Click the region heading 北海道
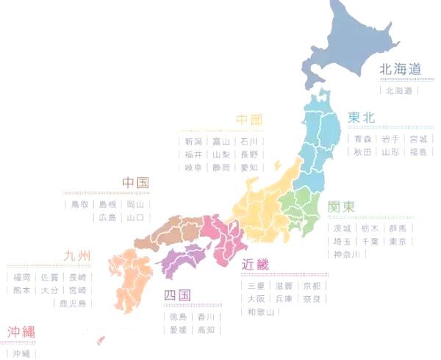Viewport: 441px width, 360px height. coord(400,70)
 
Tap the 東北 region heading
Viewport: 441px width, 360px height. coord(362,118)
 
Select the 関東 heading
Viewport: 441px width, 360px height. coord(341,206)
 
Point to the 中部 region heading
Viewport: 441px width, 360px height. coord(249,120)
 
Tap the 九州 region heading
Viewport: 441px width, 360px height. coord(76,256)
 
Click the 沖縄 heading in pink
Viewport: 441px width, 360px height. coord(21,331)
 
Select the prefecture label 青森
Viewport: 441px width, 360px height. coord(362,138)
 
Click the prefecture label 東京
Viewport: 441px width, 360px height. coord(397,241)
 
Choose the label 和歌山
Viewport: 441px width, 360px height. coord(260,312)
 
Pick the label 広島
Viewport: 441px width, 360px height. coord(107,217)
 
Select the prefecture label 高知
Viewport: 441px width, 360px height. coord(207,330)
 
